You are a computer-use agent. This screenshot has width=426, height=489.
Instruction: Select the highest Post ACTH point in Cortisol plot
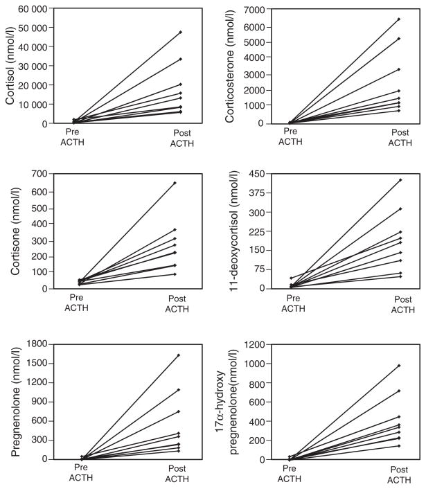(x=180, y=32)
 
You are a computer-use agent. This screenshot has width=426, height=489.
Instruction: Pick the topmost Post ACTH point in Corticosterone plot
(x=399, y=19)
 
